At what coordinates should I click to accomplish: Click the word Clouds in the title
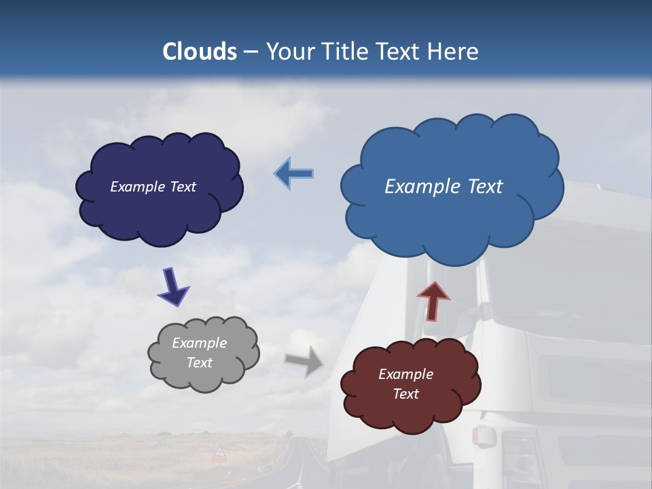(200, 52)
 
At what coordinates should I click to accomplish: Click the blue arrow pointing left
(295, 174)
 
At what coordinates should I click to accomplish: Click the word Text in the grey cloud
(199, 363)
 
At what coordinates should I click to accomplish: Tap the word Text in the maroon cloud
(405, 394)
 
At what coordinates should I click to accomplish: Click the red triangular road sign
(219, 453)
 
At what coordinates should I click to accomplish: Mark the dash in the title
(251, 52)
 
